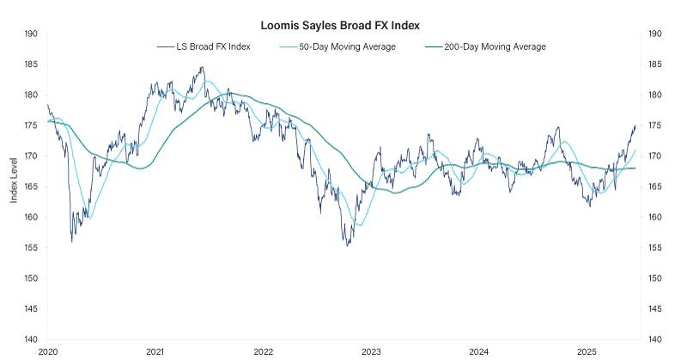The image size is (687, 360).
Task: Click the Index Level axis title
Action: (14, 186)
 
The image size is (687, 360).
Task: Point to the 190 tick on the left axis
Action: (32, 34)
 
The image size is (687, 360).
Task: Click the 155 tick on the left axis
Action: (32, 247)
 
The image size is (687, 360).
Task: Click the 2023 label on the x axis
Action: (371, 352)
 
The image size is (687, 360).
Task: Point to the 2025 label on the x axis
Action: (587, 352)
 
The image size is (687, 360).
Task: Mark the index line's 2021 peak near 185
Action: (202, 67)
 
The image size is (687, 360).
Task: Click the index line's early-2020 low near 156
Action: (71, 241)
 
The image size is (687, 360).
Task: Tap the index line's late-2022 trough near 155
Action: (347, 246)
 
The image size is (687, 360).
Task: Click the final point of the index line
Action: (635, 125)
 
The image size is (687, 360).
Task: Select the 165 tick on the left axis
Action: (32, 186)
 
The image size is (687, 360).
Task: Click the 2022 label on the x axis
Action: (263, 352)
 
